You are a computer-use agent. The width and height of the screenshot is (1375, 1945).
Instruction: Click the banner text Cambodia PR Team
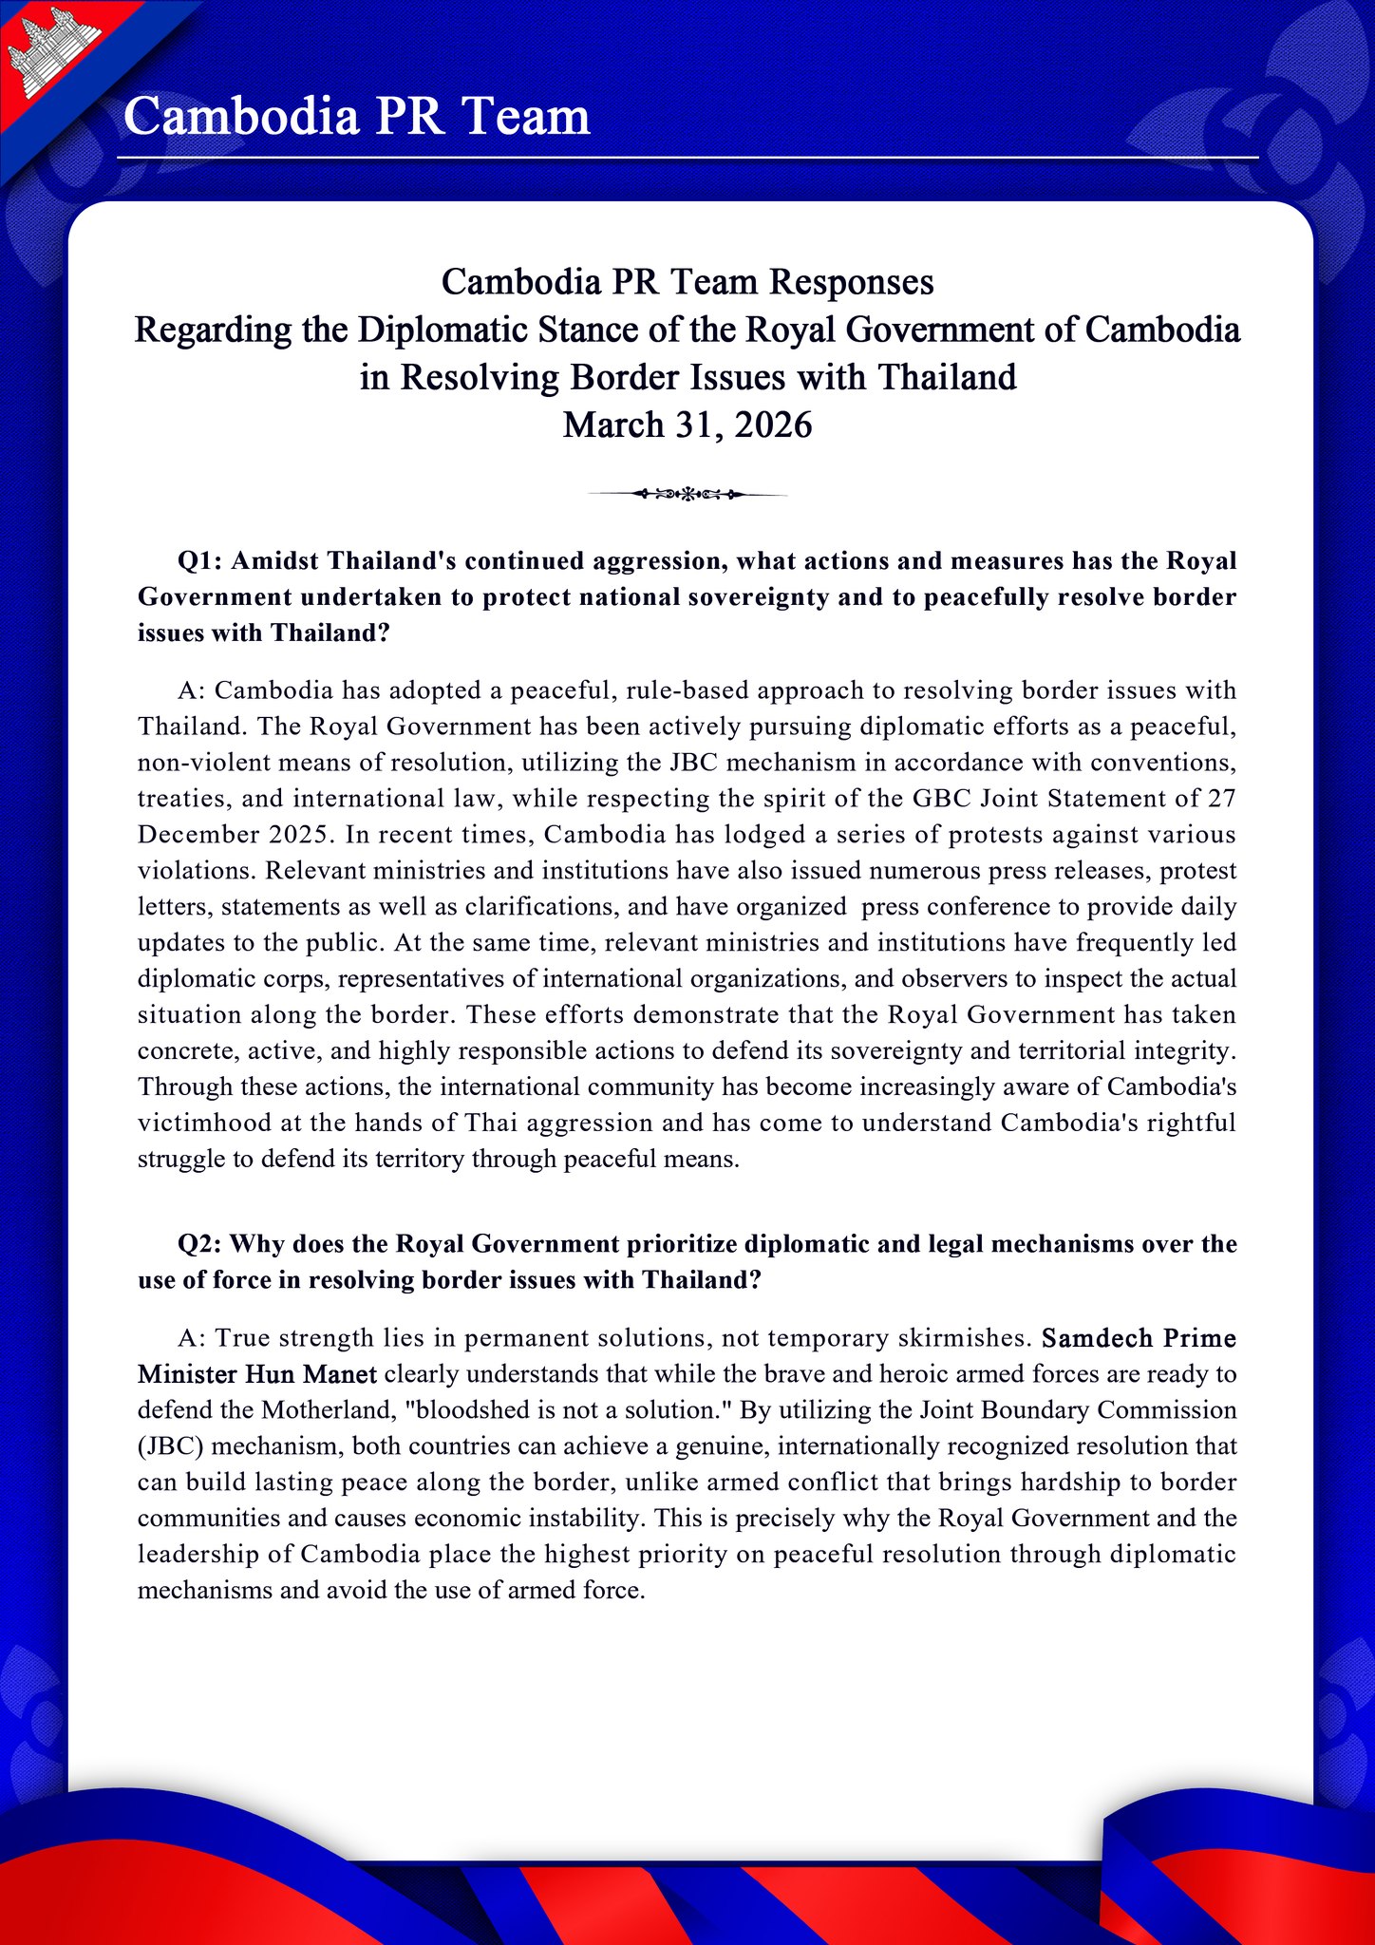357,117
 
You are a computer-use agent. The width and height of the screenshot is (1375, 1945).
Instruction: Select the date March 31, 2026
687,425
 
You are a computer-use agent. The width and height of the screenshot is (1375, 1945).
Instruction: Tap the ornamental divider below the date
687,494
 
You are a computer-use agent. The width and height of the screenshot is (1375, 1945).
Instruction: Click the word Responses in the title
852,282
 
